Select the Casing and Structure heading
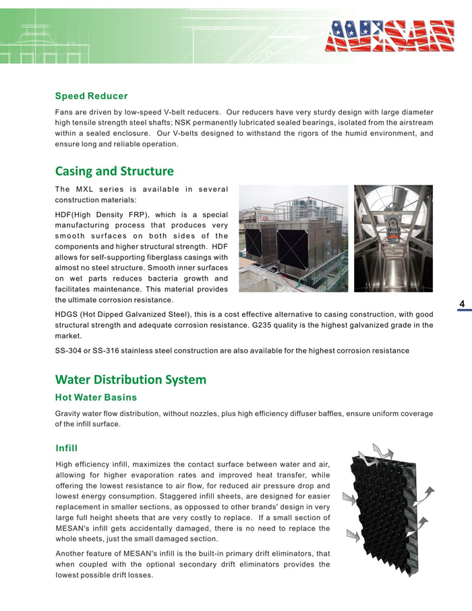pyautogui.click(x=114, y=171)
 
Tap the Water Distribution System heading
pyautogui.click(x=130, y=380)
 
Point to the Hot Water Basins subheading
pyautogui.click(x=96, y=397)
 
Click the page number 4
pyautogui.click(x=463, y=305)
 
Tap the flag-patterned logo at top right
pyautogui.click(x=390, y=36)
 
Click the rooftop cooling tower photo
pyautogui.click(x=293, y=238)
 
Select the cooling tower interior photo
pyautogui.click(x=393, y=238)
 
